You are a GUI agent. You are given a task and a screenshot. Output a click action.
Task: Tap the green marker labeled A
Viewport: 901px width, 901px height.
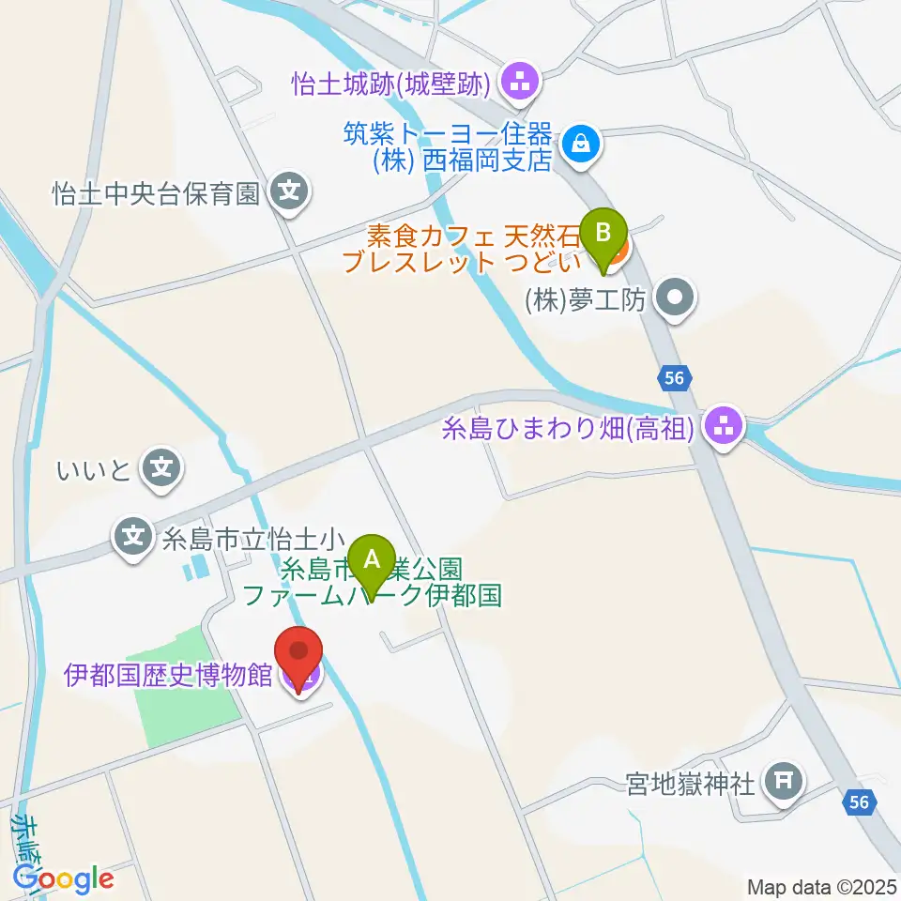[x=373, y=560]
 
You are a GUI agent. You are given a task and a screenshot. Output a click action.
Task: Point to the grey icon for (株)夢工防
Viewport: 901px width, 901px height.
[x=675, y=300]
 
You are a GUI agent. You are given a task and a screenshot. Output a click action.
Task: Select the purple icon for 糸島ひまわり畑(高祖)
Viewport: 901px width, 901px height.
[x=724, y=429]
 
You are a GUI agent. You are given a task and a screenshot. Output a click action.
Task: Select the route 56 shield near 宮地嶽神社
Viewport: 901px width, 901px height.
[x=861, y=801]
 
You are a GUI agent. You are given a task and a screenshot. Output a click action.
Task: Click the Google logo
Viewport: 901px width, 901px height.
[x=64, y=878]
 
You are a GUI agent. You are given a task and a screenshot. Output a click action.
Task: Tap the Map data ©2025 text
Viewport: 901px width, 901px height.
[x=822, y=886]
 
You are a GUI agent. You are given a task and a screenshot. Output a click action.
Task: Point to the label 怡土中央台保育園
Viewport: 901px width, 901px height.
[x=155, y=194]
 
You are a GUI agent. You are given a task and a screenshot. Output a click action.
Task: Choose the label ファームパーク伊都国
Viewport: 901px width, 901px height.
[x=372, y=594]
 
